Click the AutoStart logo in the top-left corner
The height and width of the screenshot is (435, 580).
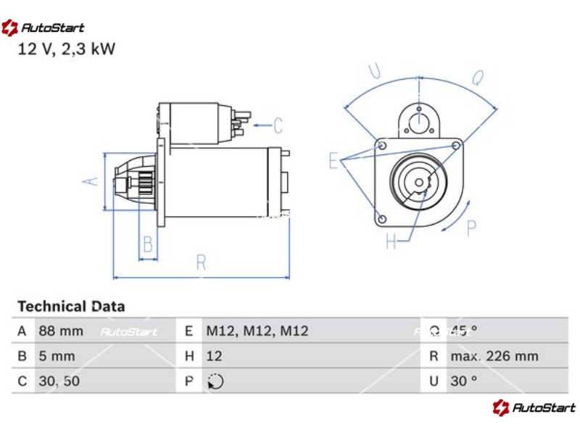43,28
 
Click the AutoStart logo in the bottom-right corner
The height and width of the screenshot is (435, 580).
534,407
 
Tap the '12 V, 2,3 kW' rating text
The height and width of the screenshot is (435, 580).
66,49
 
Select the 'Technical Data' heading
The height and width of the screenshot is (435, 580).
71,307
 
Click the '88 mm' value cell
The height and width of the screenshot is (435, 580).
61,331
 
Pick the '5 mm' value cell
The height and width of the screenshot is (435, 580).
57,356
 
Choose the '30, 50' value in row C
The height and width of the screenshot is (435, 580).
59,381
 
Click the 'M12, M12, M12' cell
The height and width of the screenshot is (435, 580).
257,331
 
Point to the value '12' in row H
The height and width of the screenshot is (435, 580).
214,356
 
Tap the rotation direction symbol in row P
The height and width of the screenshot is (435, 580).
215,381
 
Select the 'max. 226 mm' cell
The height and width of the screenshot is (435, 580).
494,356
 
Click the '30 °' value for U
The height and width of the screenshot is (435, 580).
463,381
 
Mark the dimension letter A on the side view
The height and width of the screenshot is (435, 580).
90,181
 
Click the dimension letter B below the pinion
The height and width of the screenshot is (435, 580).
147,244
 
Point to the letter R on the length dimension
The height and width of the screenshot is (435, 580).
202,262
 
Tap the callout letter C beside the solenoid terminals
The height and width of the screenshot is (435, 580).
278,126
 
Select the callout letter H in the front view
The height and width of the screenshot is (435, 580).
391,242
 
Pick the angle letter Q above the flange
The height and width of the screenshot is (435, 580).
478,78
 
